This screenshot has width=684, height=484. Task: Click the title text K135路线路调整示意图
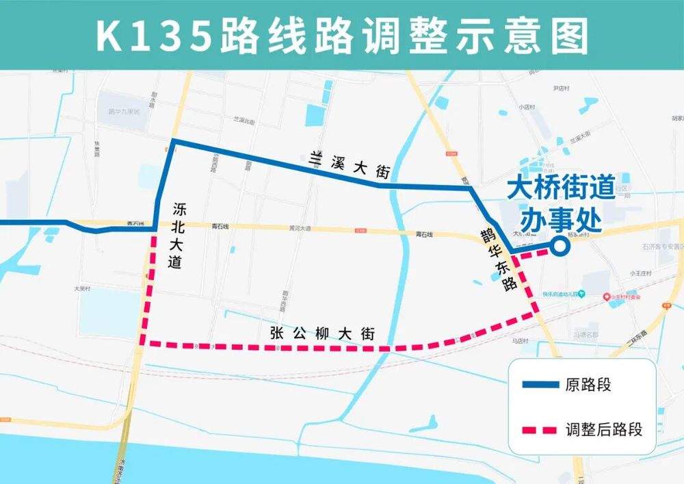point(341,36)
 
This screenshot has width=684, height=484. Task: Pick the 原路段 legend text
point(588,385)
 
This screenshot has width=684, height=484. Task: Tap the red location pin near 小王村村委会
point(607,296)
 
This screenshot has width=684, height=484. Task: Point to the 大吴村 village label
point(82,290)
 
